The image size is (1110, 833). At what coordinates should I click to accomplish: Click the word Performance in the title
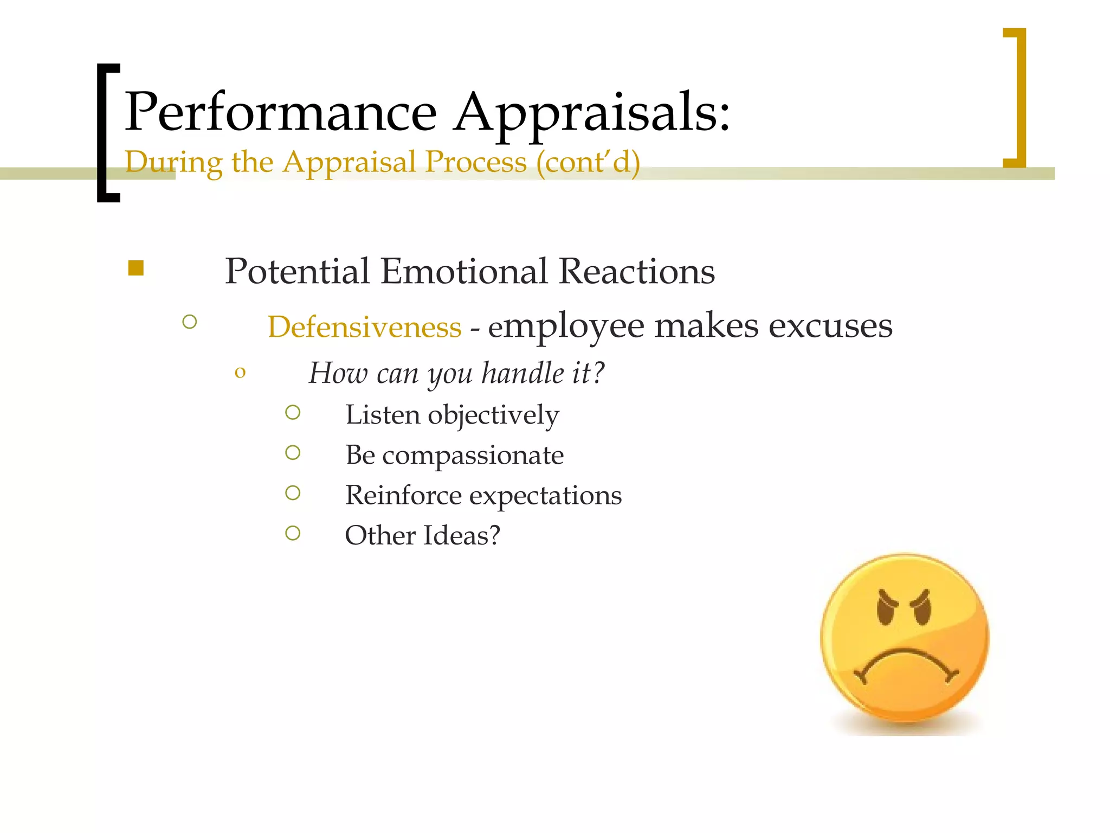click(281, 112)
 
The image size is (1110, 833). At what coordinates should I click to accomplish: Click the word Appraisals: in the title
click(592, 112)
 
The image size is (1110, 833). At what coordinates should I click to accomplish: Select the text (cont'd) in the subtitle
click(588, 162)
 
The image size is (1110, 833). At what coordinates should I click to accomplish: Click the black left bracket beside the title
click(105, 133)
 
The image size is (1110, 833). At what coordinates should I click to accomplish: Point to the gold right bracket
click(1018, 98)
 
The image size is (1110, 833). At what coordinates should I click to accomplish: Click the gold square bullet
click(136, 268)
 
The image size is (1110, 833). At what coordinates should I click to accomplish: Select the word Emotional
click(464, 271)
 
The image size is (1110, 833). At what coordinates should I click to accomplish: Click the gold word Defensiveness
click(364, 327)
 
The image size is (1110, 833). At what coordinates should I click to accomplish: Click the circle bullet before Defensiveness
click(190, 322)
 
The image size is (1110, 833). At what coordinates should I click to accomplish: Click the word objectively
click(493, 415)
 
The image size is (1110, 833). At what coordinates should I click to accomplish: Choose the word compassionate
click(473, 455)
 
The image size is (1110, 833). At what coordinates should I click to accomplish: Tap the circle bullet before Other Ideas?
click(293, 534)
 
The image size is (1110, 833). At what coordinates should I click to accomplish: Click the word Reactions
click(636, 271)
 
